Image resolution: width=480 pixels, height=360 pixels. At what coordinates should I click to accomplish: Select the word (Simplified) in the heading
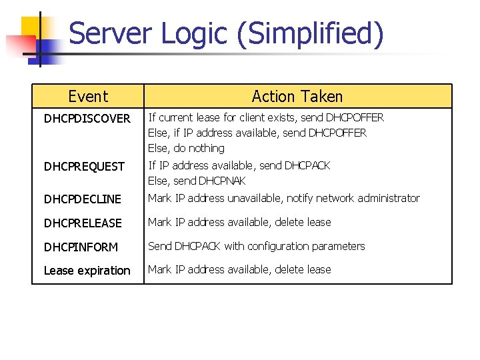click(309, 33)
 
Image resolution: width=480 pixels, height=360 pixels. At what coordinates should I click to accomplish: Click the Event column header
click(87, 97)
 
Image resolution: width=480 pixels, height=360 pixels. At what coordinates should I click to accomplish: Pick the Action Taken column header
click(297, 97)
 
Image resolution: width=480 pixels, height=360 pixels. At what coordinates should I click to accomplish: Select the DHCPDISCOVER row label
click(87, 119)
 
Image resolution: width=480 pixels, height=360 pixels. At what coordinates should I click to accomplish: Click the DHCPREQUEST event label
click(84, 167)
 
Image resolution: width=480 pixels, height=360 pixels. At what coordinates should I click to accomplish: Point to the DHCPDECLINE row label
click(83, 199)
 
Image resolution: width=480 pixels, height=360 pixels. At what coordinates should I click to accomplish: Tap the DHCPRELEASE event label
click(83, 223)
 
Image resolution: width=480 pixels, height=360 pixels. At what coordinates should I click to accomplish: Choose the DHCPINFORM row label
click(81, 247)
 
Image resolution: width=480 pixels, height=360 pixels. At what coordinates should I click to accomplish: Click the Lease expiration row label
click(87, 271)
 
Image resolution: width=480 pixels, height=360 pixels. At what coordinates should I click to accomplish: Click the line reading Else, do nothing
click(186, 149)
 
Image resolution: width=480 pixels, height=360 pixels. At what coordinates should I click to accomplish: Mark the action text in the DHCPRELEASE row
click(239, 223)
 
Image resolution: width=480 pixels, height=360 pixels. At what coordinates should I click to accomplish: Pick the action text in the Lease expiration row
click(239, 270)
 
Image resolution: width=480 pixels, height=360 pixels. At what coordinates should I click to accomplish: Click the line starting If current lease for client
click(266, 118)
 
